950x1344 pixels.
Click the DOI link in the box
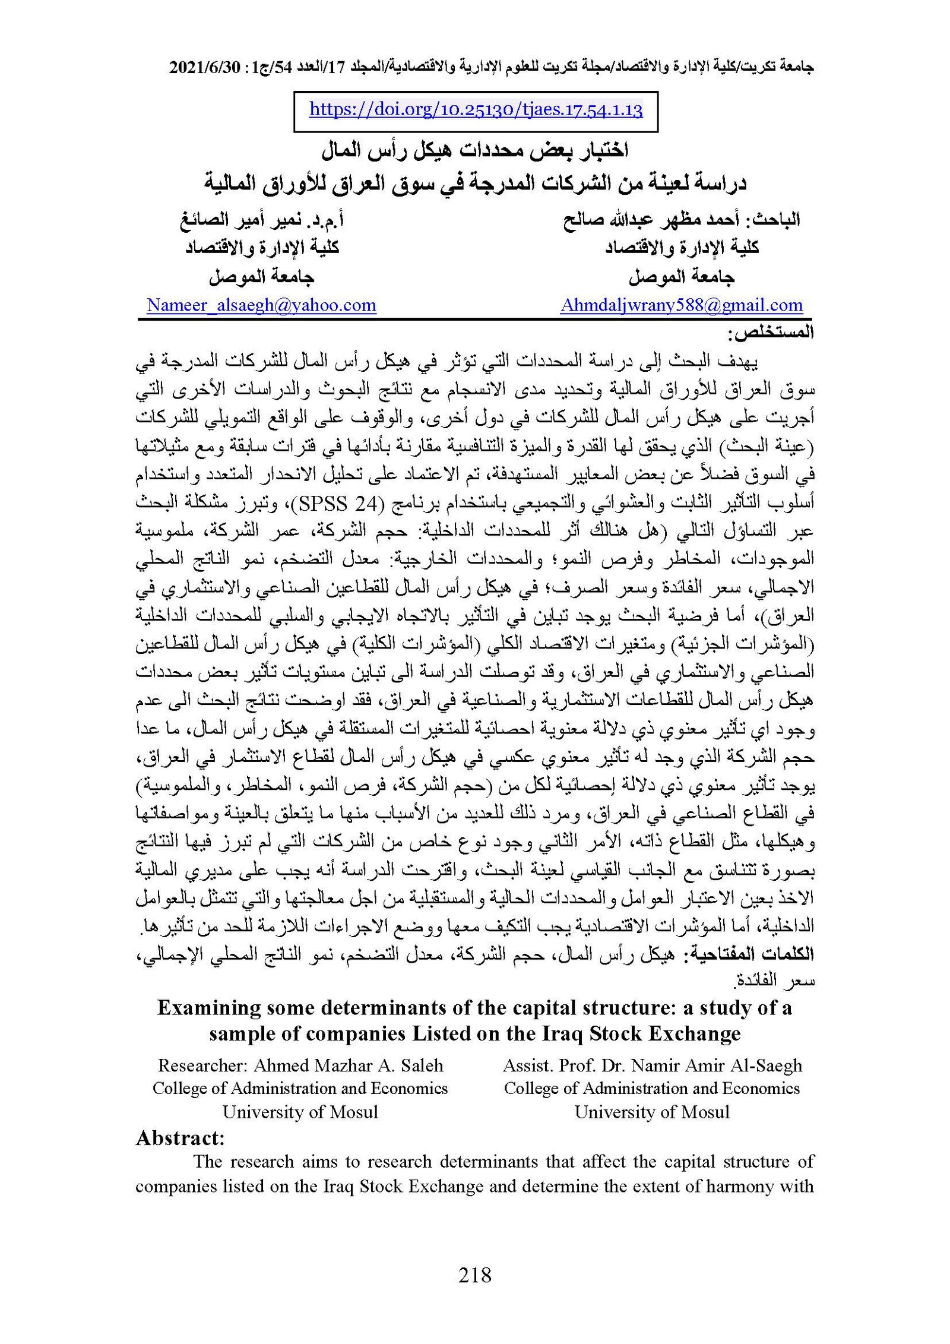pos(476,110)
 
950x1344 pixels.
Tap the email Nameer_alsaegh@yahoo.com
pos(261,305)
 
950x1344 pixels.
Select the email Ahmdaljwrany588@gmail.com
pos(681,305)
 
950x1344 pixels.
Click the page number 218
pos(474,1275)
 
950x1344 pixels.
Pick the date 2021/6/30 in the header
pos(204,68)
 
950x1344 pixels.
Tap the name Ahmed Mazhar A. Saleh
pos(348,1065)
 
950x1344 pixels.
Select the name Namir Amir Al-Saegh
pos(717,1065)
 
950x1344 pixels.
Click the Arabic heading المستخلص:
pos(770,333)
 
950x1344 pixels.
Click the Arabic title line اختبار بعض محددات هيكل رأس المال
pos(474,151)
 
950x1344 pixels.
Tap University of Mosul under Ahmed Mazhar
pos(300,1112)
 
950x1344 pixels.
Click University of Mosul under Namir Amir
pos(651,1112)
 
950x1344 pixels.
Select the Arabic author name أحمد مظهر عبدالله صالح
pos(654,220)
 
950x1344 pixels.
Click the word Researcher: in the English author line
pos(202,1065)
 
